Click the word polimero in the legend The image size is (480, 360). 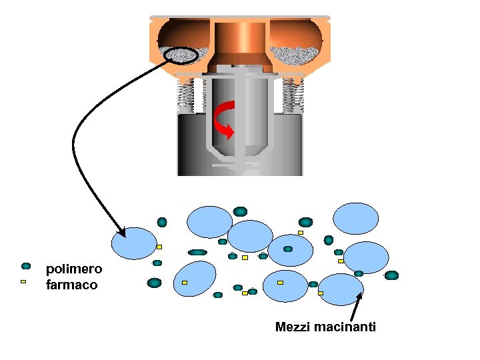[73, 269]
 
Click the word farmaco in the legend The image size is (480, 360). [71, 285]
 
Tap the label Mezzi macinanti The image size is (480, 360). [325, 327]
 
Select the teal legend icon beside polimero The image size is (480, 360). [26, 266]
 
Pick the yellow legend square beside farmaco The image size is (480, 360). [23, 281]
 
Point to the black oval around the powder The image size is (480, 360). [180, 55]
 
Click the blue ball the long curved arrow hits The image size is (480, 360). [134, 243]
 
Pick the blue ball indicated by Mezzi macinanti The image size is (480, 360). [341, 289]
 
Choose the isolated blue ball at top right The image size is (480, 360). [355, 218]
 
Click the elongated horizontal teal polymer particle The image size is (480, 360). [197, 253]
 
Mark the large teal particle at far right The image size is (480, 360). [391, 275]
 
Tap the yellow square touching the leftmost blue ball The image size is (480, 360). [159, 247]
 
